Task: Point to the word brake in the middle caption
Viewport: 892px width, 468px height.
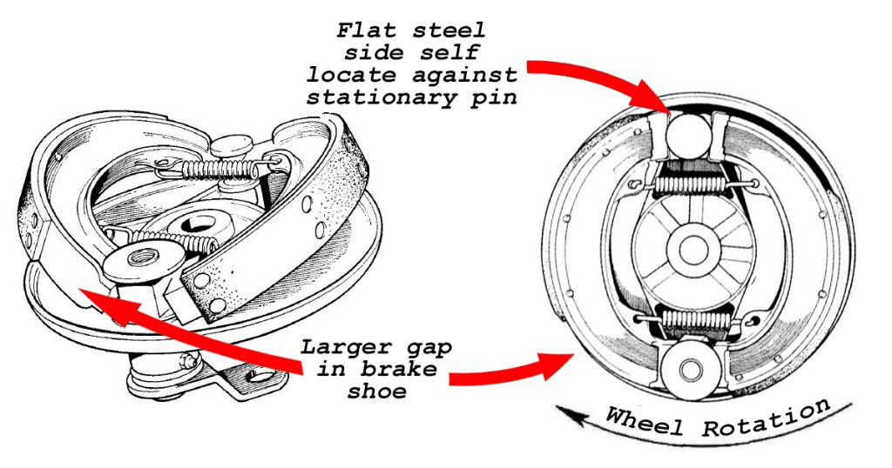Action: pos(406,370)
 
